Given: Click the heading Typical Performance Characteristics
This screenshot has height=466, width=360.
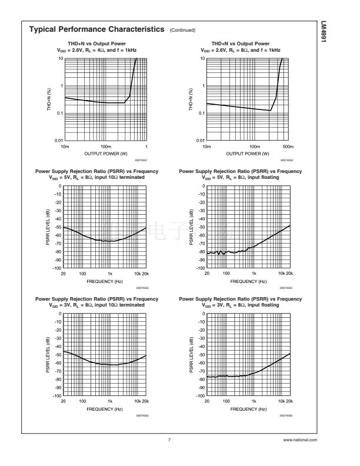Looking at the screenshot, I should click(96, 29).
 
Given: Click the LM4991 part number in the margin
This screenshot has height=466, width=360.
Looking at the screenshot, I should click(340, 34).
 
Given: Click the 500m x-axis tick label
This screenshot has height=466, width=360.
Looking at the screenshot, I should click(287, 146).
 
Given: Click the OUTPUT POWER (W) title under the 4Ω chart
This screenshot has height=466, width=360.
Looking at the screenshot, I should click(106, 153).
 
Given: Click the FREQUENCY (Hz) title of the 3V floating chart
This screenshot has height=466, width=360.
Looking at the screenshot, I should click(248, 408).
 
